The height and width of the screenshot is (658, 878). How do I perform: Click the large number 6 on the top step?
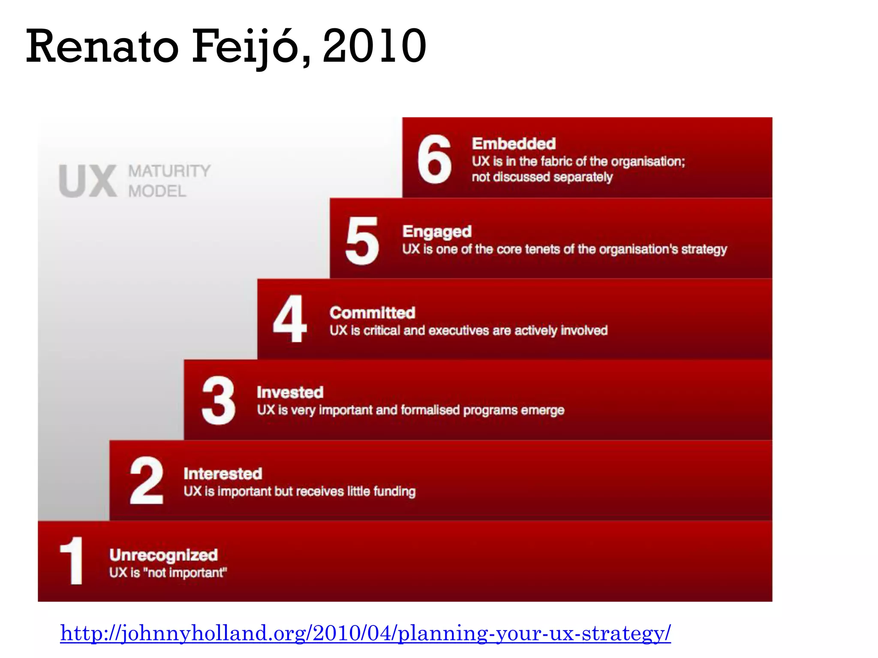pos(434,159)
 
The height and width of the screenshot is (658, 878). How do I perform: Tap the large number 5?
pos(362,240)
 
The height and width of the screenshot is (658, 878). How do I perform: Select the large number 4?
pos(290,319)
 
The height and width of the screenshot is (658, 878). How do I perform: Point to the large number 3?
pos(218,400)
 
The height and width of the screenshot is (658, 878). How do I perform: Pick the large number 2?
pos(146,480)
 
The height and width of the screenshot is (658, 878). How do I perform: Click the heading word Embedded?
pos(514,144)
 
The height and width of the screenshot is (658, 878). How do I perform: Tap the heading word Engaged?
pos(437,232)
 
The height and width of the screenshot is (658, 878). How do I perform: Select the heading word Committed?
pos(372,313)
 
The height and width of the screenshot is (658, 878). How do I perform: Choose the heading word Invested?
pos(290,392)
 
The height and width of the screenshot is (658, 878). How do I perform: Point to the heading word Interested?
pos(223,474)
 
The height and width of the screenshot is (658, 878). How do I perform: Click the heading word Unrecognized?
pos(163,555)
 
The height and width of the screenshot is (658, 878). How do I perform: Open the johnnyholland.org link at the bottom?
pos(365,633)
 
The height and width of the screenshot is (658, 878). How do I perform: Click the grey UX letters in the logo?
pos(88,181)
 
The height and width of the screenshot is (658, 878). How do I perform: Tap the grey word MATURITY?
pos(169,171)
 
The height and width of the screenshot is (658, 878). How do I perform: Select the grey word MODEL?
pos(157,191)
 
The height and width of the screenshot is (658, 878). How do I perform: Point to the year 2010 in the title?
pos(374,45)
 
